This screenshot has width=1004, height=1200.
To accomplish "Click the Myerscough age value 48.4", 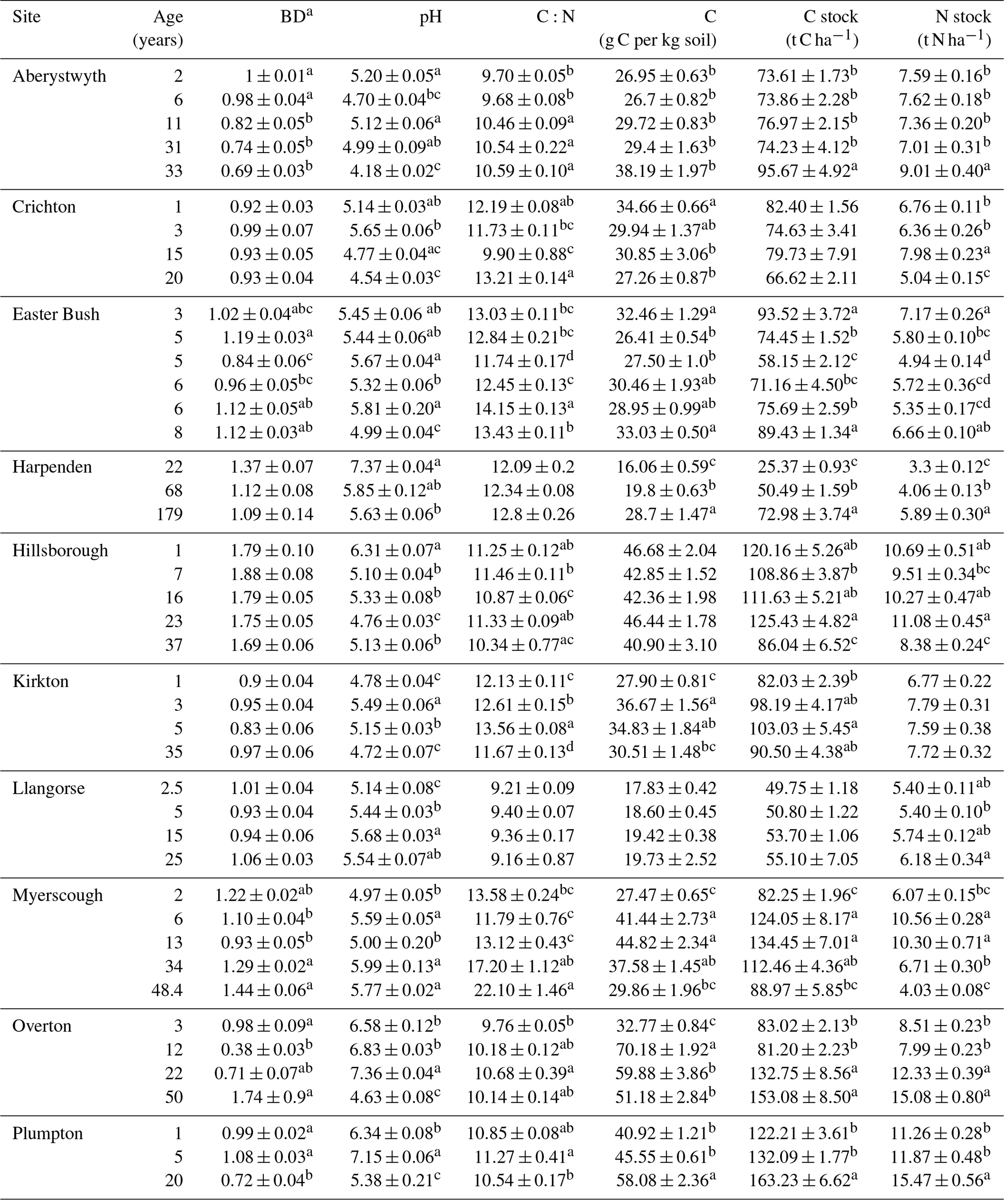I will [167, 990].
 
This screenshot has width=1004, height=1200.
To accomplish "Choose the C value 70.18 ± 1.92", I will [662, 1050].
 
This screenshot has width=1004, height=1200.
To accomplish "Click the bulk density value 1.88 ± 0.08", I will [272, 574].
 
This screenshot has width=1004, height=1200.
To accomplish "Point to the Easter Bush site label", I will [55, 314].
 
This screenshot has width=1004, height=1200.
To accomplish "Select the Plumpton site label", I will [48, 1133].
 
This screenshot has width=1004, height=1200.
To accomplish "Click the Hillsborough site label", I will [60, 550].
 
